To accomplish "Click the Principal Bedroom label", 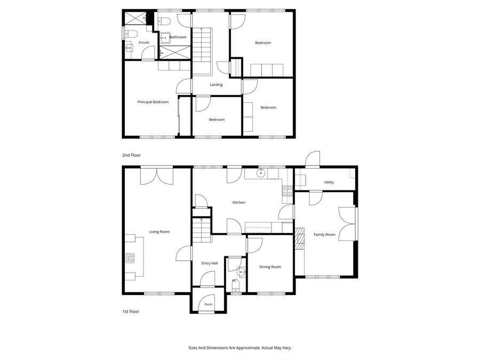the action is [x=153, y=102].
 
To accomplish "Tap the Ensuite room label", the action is [x=144, y=43].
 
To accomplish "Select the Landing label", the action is [x=216, y=85].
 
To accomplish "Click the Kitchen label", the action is [x=239, y=202].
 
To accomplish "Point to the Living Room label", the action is [x=159, y=232].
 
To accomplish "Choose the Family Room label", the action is [x=324, y=235].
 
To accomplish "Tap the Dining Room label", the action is [x=270, y=267].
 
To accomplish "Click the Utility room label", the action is [x=329, y=182].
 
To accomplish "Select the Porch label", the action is [x=209, y=305].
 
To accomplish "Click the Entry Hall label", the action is [x=210, y=263].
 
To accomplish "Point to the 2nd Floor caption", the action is [x=131, y=155].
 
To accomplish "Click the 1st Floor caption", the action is [x=131, y=311].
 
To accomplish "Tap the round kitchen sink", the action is [x=260, y=173].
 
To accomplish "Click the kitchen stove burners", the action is [x=287, y=191].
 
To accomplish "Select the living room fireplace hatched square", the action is [x=130, y=258].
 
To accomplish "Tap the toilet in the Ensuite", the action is [x=130, y=34].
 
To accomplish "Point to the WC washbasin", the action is [x=242, y=271].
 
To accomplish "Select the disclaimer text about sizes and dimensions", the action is [x=239, y=348].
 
